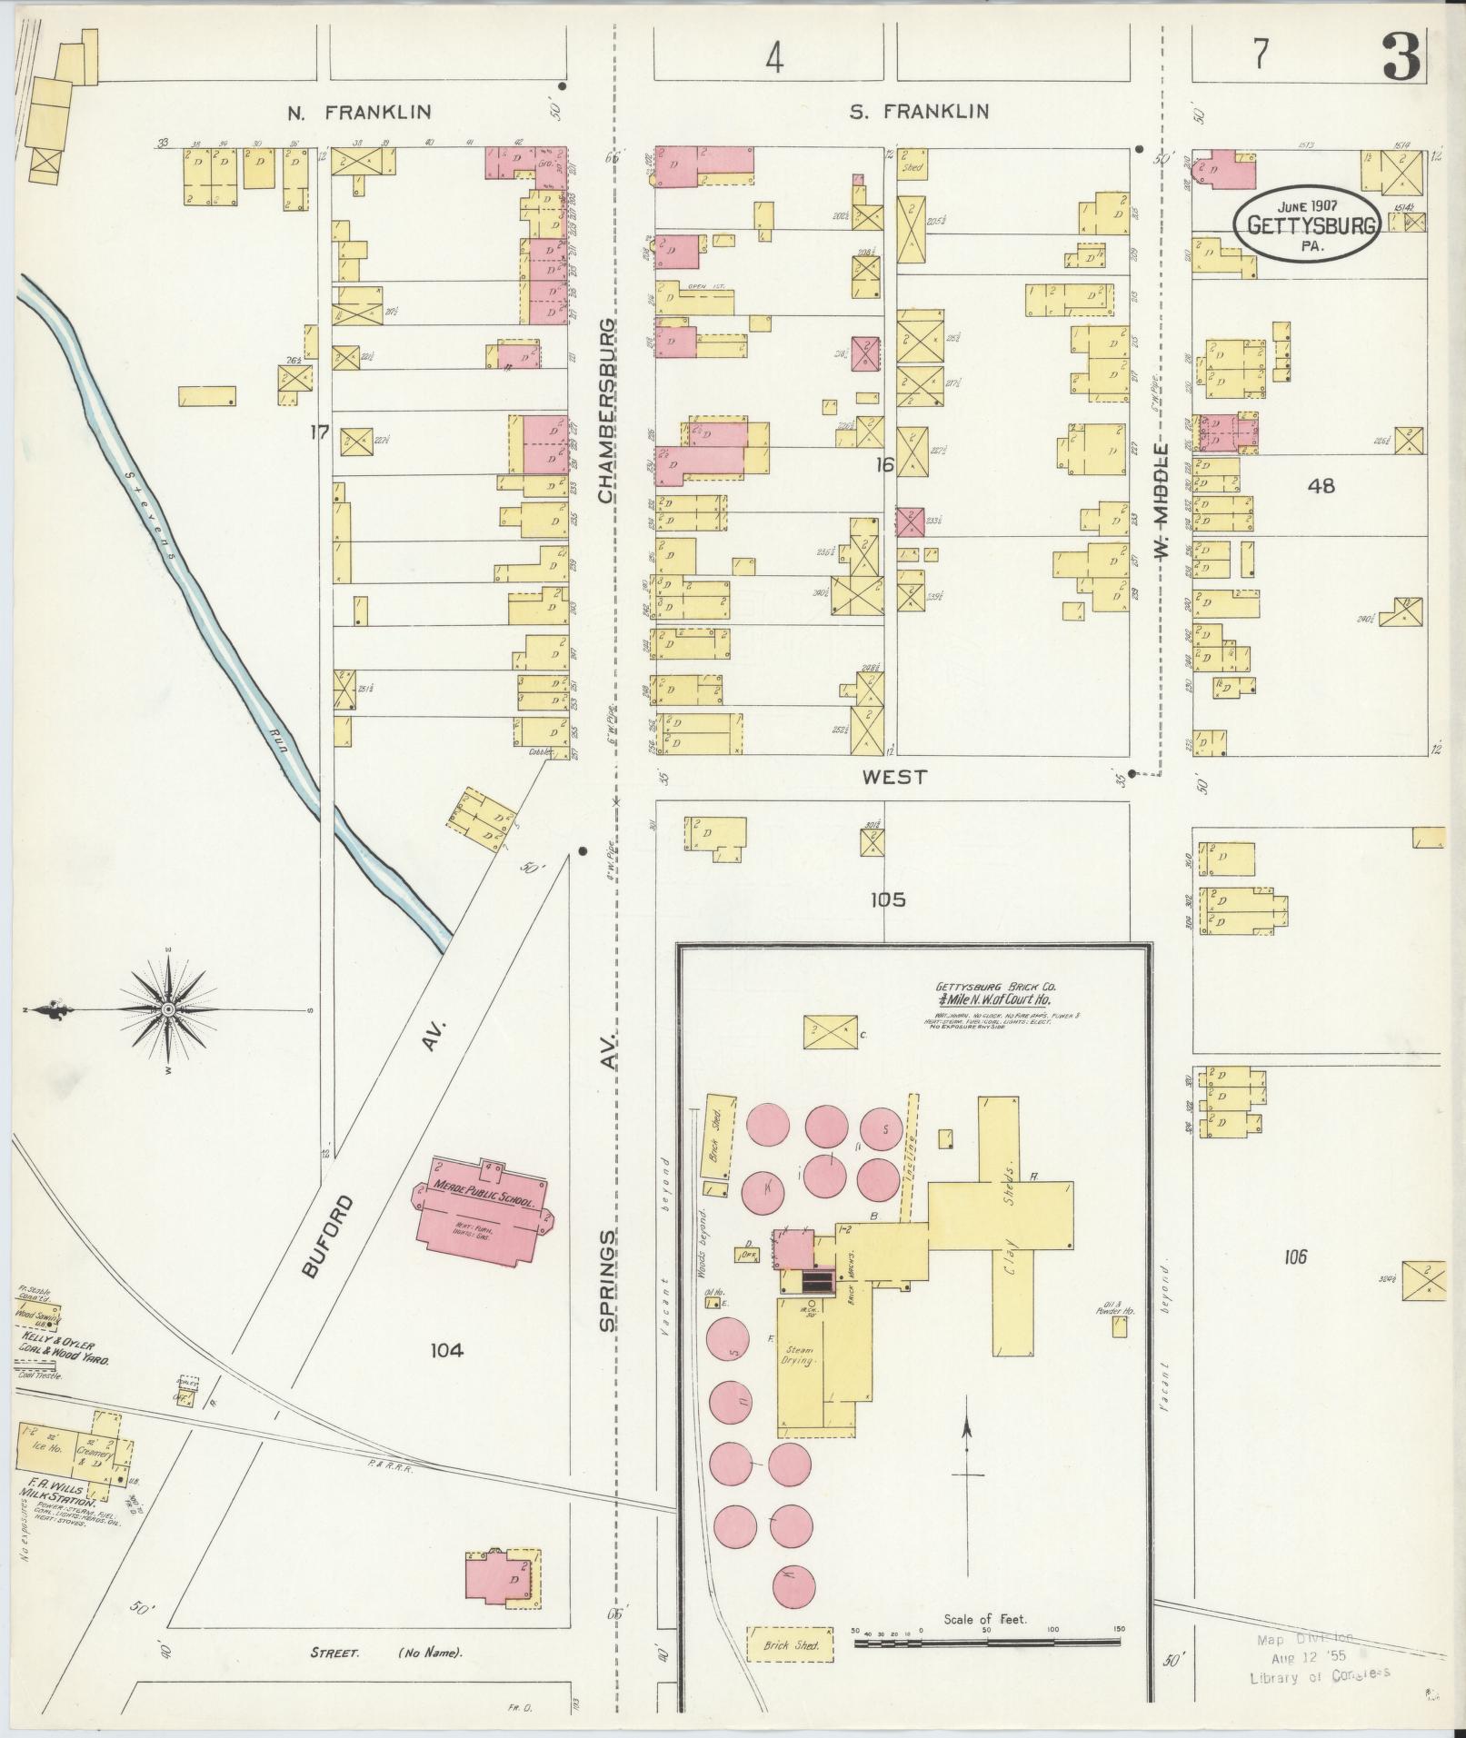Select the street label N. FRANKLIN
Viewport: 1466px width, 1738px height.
point(359,113)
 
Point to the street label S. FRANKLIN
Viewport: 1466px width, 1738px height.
point(919,112)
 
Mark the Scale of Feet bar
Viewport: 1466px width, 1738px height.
point(987,1641)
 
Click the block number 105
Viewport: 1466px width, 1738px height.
point(887,900)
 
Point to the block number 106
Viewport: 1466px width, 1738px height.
point(1295,1257)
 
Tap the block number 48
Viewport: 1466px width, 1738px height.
point(1321,486)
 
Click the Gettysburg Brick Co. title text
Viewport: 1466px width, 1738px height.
point(996,991)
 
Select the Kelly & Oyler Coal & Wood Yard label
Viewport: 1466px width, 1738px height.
point(64,1355)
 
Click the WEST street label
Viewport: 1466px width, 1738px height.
point(894,777)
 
